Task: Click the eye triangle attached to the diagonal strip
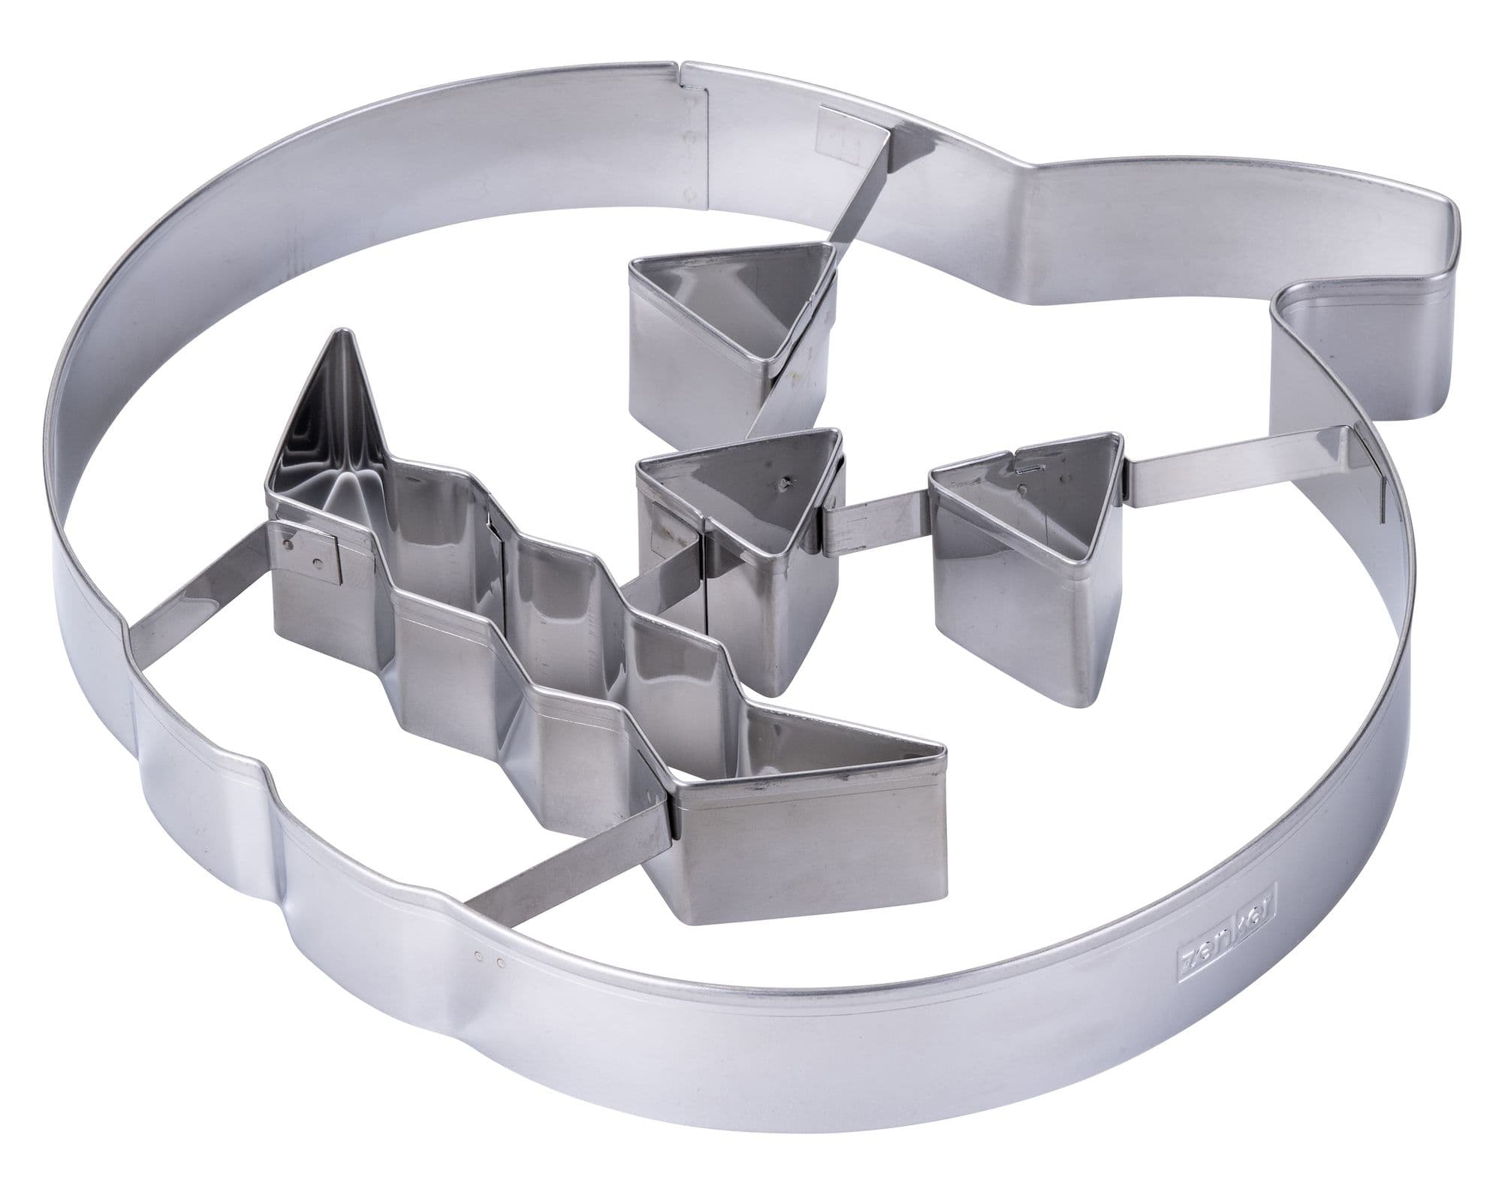[x=732, y=338]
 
